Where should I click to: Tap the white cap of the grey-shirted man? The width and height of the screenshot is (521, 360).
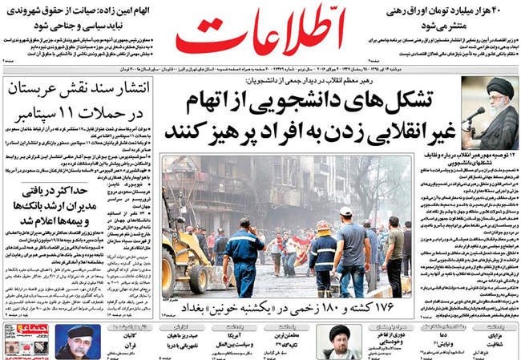click(x=345, y=211)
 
